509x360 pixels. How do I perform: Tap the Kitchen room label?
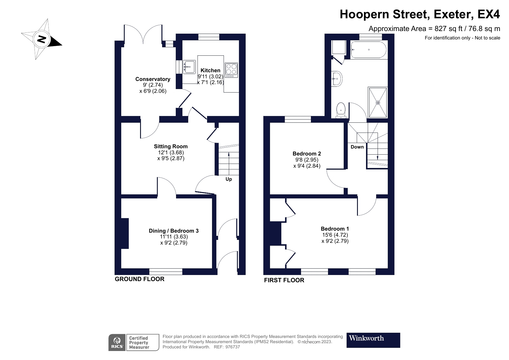click(210, 70)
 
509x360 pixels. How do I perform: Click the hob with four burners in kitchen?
click(231, 70)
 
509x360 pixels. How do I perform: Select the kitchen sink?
click(189, 67)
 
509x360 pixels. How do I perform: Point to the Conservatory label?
click(153, 79)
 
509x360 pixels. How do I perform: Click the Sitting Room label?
click(171, 146)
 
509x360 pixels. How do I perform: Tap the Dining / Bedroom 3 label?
click(173, 231)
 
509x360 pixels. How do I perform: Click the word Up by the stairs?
click(229, 179)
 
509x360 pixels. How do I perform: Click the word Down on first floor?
click(357, 147)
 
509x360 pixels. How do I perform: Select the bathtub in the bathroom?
click(368, 50)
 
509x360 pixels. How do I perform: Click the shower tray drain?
click(378, 102)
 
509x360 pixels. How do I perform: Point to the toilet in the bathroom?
click(341, 111)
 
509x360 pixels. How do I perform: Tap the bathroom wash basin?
click(337, 78)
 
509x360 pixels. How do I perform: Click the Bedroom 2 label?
click(307, 153)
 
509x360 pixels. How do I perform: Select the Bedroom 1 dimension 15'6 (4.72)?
click(335, 235)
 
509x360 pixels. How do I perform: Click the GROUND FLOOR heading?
click(140, 279)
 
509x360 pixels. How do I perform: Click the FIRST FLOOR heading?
click(284, 280)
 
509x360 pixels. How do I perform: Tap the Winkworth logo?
click(373, 340)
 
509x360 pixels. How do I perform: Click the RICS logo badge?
click(117, 343)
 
